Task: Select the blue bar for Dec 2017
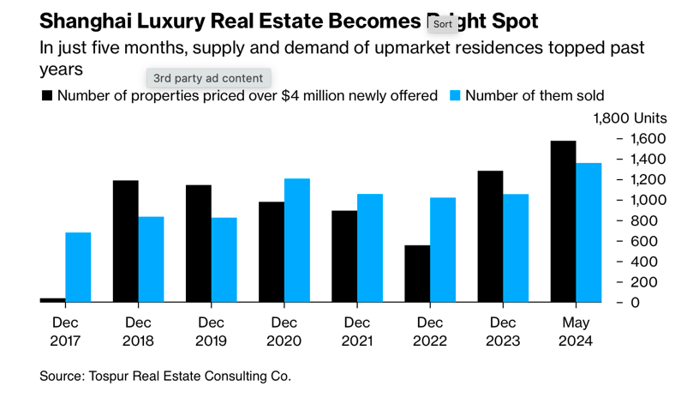pos(78,267)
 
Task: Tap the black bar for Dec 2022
pos(417,274)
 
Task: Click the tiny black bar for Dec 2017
pos(52,299)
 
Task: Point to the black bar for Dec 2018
pos(125,241)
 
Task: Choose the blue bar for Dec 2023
pos(516,248)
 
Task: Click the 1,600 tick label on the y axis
pos(648,139)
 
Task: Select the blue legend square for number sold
pos(455,96)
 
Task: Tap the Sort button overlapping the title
pos(442,24)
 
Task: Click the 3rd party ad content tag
pos(208,78)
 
